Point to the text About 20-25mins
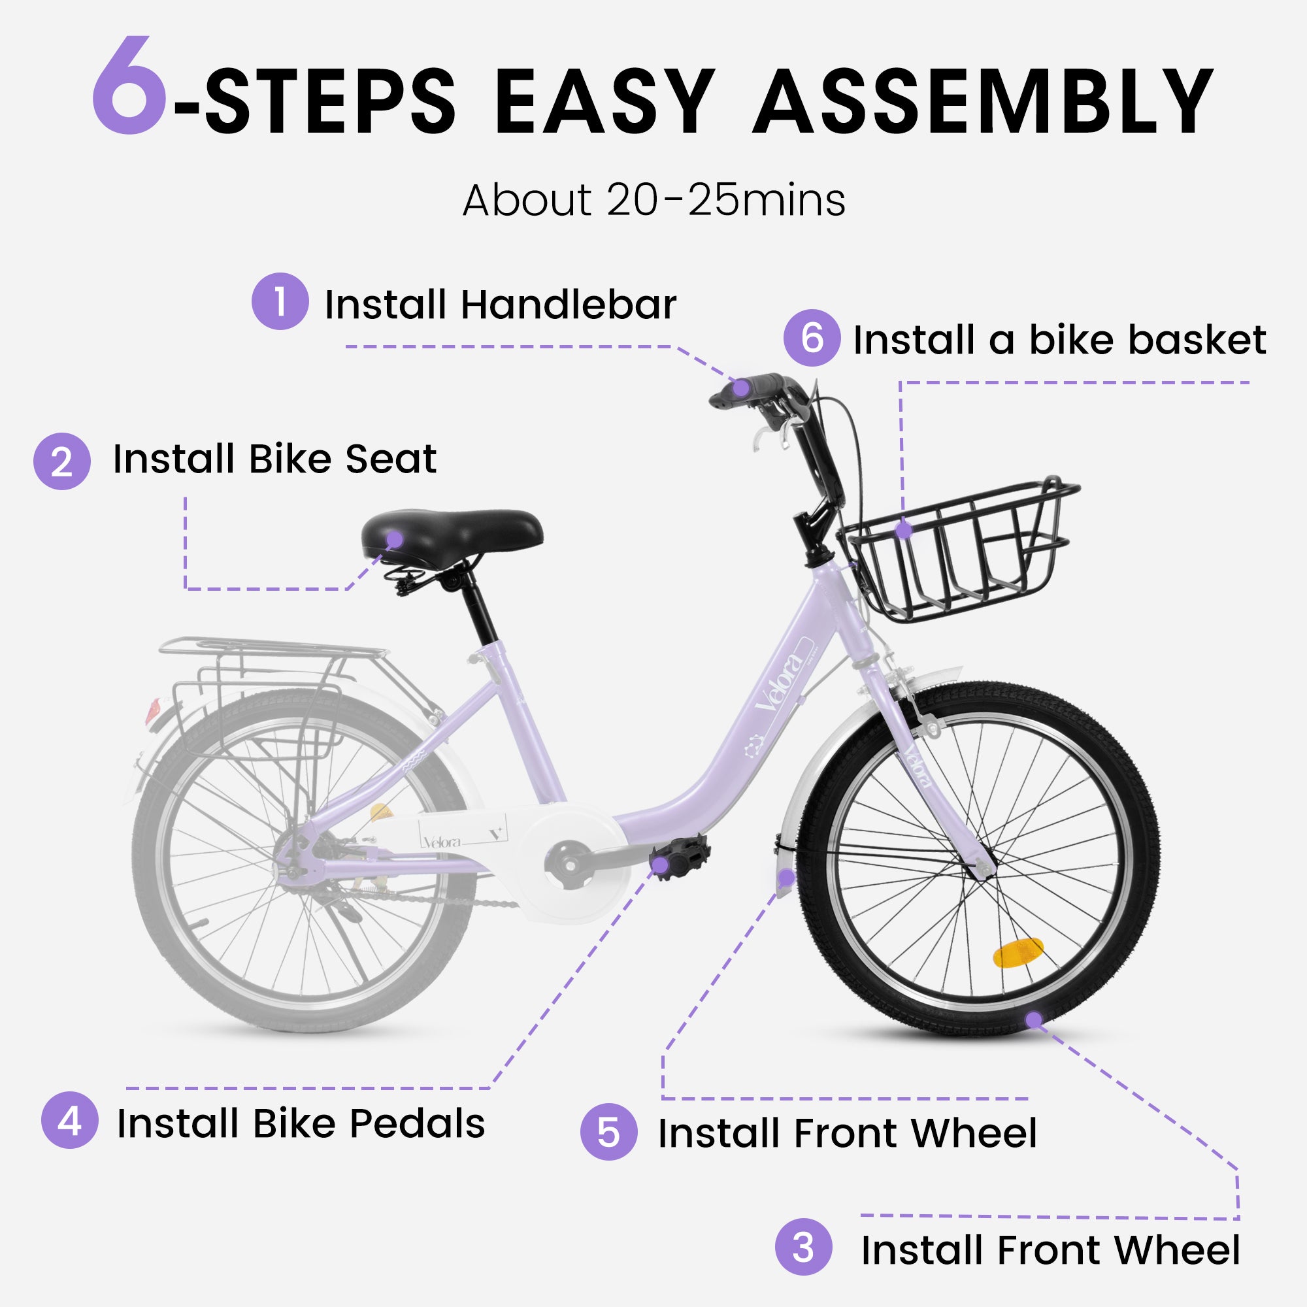click(653, 201)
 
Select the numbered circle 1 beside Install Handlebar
click(280, 301)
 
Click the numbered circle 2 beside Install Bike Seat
click(61, 461)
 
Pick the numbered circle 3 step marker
click(803, 1247)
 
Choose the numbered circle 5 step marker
click(608, 1132)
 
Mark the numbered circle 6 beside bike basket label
click(812, 339)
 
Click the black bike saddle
click(452, 533)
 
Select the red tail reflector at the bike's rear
click(153, 711)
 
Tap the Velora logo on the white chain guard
click(442, 842)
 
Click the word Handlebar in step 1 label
click(569, 305)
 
